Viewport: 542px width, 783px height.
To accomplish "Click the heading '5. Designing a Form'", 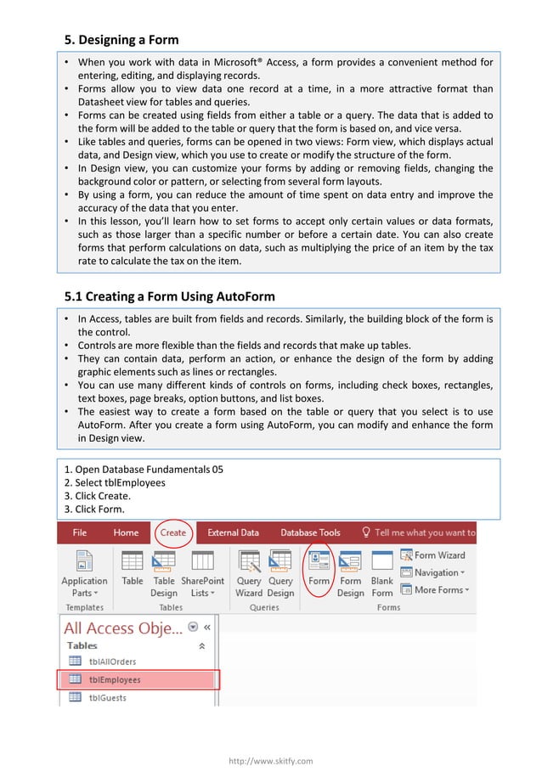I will (x=122, y=39).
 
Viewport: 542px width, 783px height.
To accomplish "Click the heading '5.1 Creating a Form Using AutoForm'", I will (x=170, y=296).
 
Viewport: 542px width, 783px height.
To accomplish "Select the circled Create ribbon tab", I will (x=172, y=532).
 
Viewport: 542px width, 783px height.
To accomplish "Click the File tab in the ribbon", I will (x=79, y=532).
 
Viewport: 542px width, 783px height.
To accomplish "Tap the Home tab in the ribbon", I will (x=126, y=532).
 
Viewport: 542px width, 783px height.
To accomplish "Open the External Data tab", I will (x=233, y=532).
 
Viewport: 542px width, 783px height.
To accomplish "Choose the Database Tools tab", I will (x=310, y=532).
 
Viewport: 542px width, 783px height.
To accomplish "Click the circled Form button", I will (x=319, y=571).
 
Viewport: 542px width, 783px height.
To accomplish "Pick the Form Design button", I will (x=350, y=573).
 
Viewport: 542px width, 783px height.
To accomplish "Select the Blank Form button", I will (x=382, y=573).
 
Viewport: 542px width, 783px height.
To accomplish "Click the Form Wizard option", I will (x=432, y=555).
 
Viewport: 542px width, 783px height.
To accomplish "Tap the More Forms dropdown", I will (x=434, y=589).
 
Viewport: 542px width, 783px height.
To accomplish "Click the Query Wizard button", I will (x=249, y=573).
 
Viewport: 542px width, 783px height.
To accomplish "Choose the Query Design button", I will (x=280, y=573).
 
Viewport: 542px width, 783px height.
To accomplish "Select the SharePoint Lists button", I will (x=202, y=573).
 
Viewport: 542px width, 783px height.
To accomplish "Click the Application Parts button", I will (x=84, y=573).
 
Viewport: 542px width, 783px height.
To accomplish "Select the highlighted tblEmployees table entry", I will (x=115, y=679).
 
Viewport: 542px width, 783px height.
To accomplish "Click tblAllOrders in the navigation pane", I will (x=112, y=661).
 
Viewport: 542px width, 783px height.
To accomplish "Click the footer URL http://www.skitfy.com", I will (x=271, y=761).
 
